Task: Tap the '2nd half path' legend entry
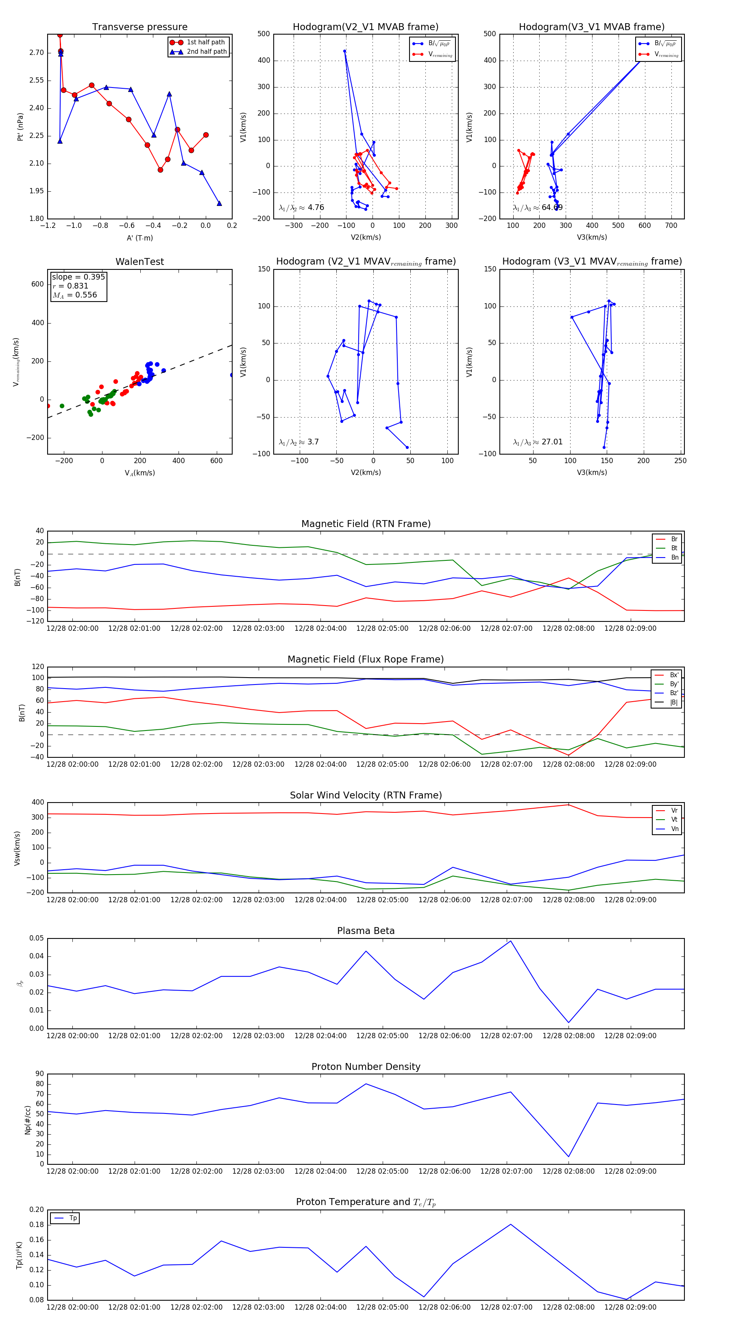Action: (x=206, y=52)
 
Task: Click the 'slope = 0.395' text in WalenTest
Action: (x=78, y=277)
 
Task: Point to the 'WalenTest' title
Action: (x=139, y=262)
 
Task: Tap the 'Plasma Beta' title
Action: (x=366, y=931)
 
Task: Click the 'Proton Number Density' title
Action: (x=366, y=1067)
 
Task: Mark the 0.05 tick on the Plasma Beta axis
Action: (x=37, y=938)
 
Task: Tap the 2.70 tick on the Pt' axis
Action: (x=37, y=52)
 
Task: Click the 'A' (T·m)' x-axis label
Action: (x=139, y=238)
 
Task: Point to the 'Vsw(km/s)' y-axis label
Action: (x=17, y=848)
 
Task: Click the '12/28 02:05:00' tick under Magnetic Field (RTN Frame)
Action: (x=382, y=628)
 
